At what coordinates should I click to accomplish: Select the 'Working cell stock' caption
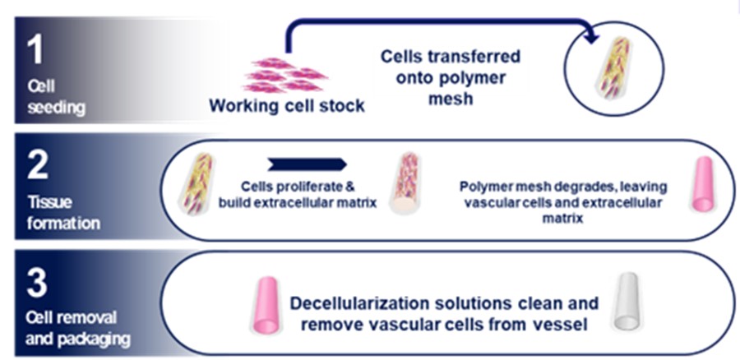pos(286,106)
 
